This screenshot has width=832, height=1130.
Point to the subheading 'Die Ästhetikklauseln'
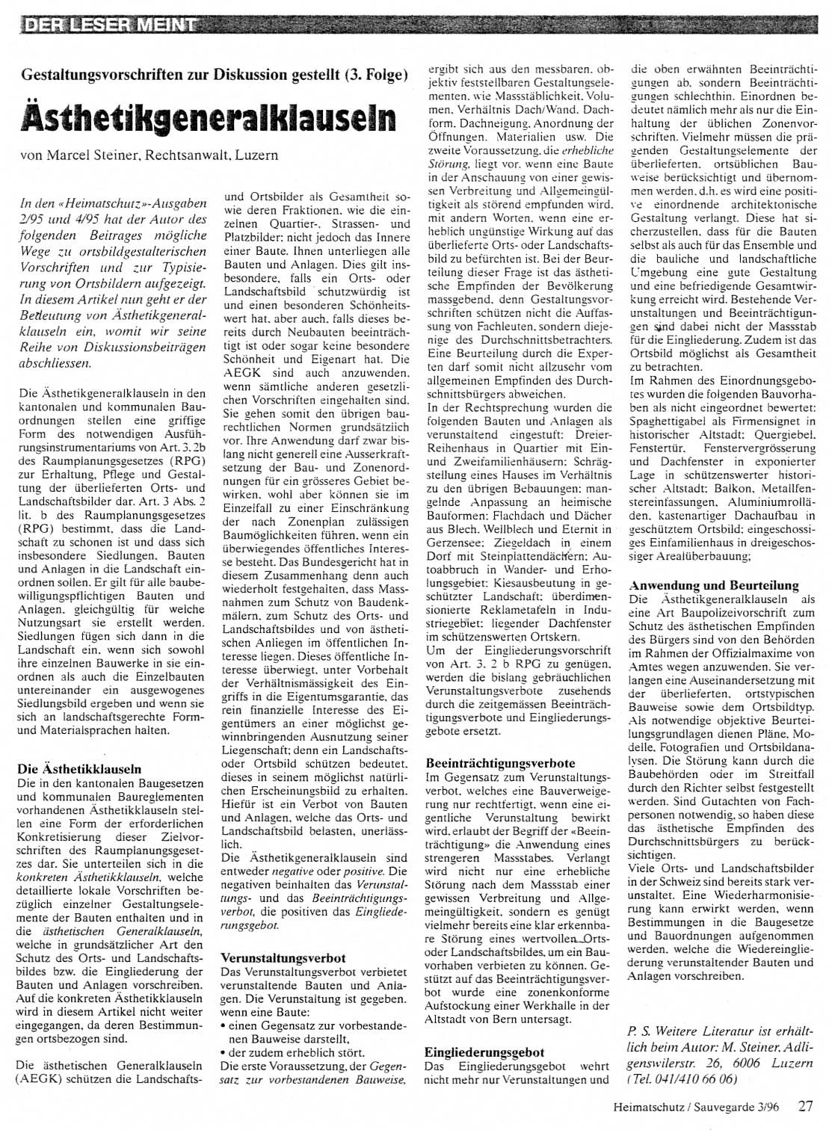coord(78,768)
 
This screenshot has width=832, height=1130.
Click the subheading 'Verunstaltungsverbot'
coord(283,957)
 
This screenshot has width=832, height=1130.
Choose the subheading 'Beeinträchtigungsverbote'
coord(500,763)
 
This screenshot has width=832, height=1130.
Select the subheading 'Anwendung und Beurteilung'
coord(714,585)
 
